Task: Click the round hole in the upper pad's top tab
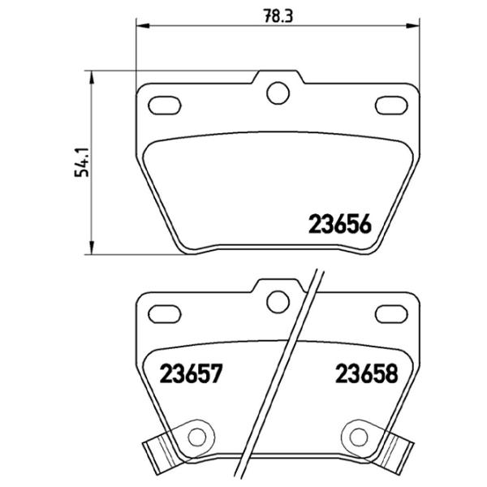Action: (x=277, y=93)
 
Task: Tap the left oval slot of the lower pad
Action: (x=167, y=312)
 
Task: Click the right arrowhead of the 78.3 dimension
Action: (x=414, y=26)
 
